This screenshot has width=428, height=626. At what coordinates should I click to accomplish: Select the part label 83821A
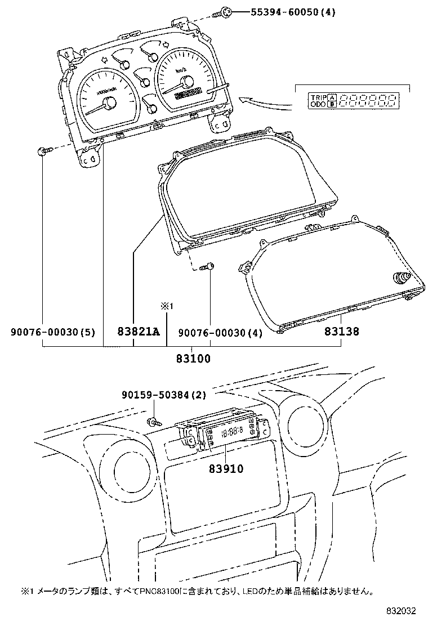139,332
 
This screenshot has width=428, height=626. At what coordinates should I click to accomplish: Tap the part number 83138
341,332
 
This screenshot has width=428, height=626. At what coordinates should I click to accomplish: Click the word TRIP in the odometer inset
318,97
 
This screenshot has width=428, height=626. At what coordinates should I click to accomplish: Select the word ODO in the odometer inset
318,105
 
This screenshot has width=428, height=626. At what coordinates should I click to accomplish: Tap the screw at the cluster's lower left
44,150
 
